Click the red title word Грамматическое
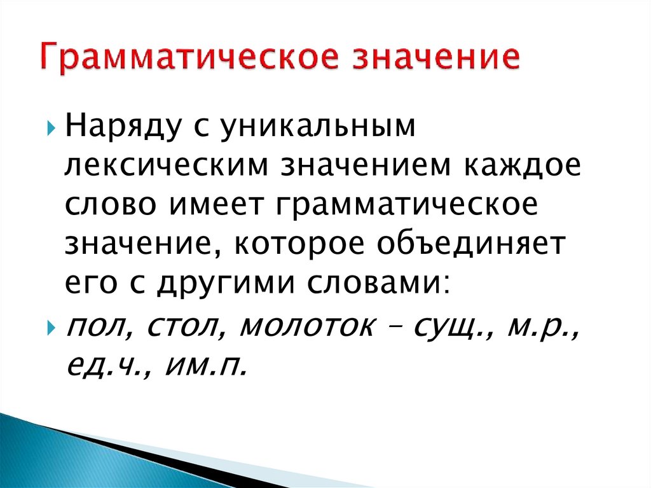tap(189, 57)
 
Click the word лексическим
tap(167, 165)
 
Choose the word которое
tap(299, 244)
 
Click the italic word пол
tap(95, 326)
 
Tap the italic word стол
tap(182, 326)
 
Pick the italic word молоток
tap(306, 326)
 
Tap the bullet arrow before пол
tap(51, 328)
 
